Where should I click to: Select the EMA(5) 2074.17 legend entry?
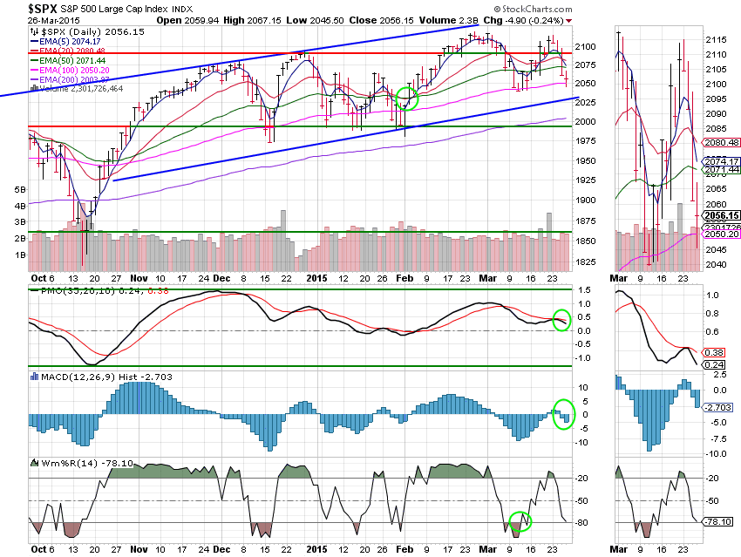point(77,40)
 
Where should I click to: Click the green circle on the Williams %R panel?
point(520,521)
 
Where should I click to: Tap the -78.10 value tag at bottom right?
point(717,521)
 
